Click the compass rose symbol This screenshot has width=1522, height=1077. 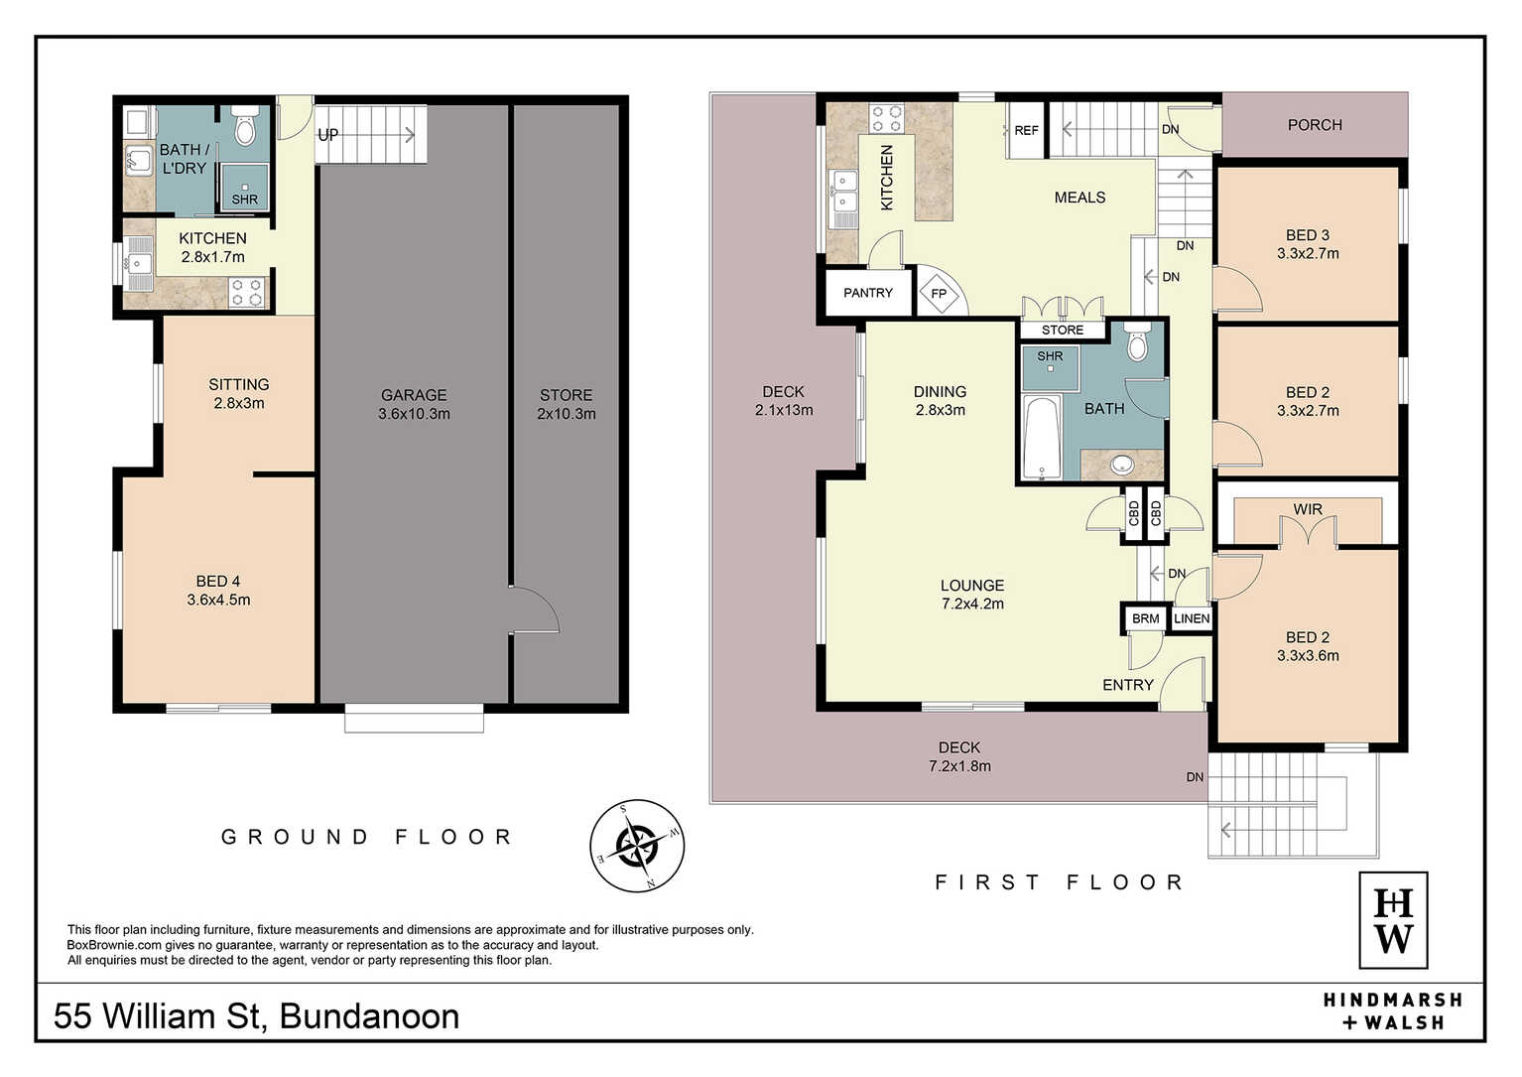pyautogui.click(x=637, y=845)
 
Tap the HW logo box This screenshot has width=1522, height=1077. pyautogui.click(x=1393, y=920)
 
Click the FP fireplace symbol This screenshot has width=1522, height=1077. pyautogui.click(x=939, y=294)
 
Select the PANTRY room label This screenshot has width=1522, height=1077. pyautogui.click(x=868, y=293)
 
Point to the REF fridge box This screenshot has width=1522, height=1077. pyautogui.click(x=1026, y=130)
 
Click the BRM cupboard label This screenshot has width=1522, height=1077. pyautogui.click(x=1146, y=618)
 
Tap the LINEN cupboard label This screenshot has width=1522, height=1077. pyautogui.click(x=1192, y=618)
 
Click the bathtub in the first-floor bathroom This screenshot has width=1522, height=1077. pyautogui.click(x=1042, y=438)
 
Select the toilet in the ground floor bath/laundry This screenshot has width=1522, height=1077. pyautogui.click(x=245, y=125)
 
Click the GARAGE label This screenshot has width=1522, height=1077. pyautogui.click(x=414, y=395)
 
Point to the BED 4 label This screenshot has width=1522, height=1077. pyautogui.click(x=218, y=582)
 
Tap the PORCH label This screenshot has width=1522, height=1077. pyautogui.click(x=1315, y=125)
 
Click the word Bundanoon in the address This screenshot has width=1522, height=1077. pyautogui.click(x=370, y=1016)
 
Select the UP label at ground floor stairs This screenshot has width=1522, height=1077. pyautogui.click(x=328, y=135)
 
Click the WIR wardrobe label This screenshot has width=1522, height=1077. pyautogui.click(x=1308, y=509)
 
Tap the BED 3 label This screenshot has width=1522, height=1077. pyautogui.click(x=1308, y=235)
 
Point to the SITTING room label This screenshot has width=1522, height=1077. pyautogui.click(x=238, y=384)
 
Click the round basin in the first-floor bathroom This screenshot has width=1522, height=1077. pyautogui.click(x=1122, y=466)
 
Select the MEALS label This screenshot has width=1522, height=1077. pyautogui.click(x=1079, y=198)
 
